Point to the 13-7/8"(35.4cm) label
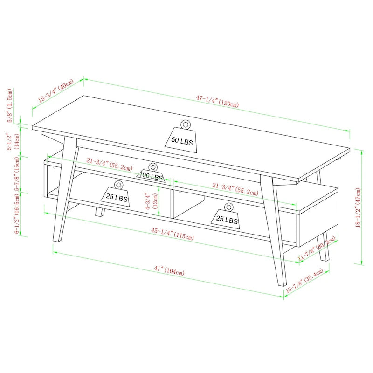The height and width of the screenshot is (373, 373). (308, 282)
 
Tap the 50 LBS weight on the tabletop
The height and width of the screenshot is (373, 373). (182, 139)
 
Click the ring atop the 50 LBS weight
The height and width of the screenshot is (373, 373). (185, 124)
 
